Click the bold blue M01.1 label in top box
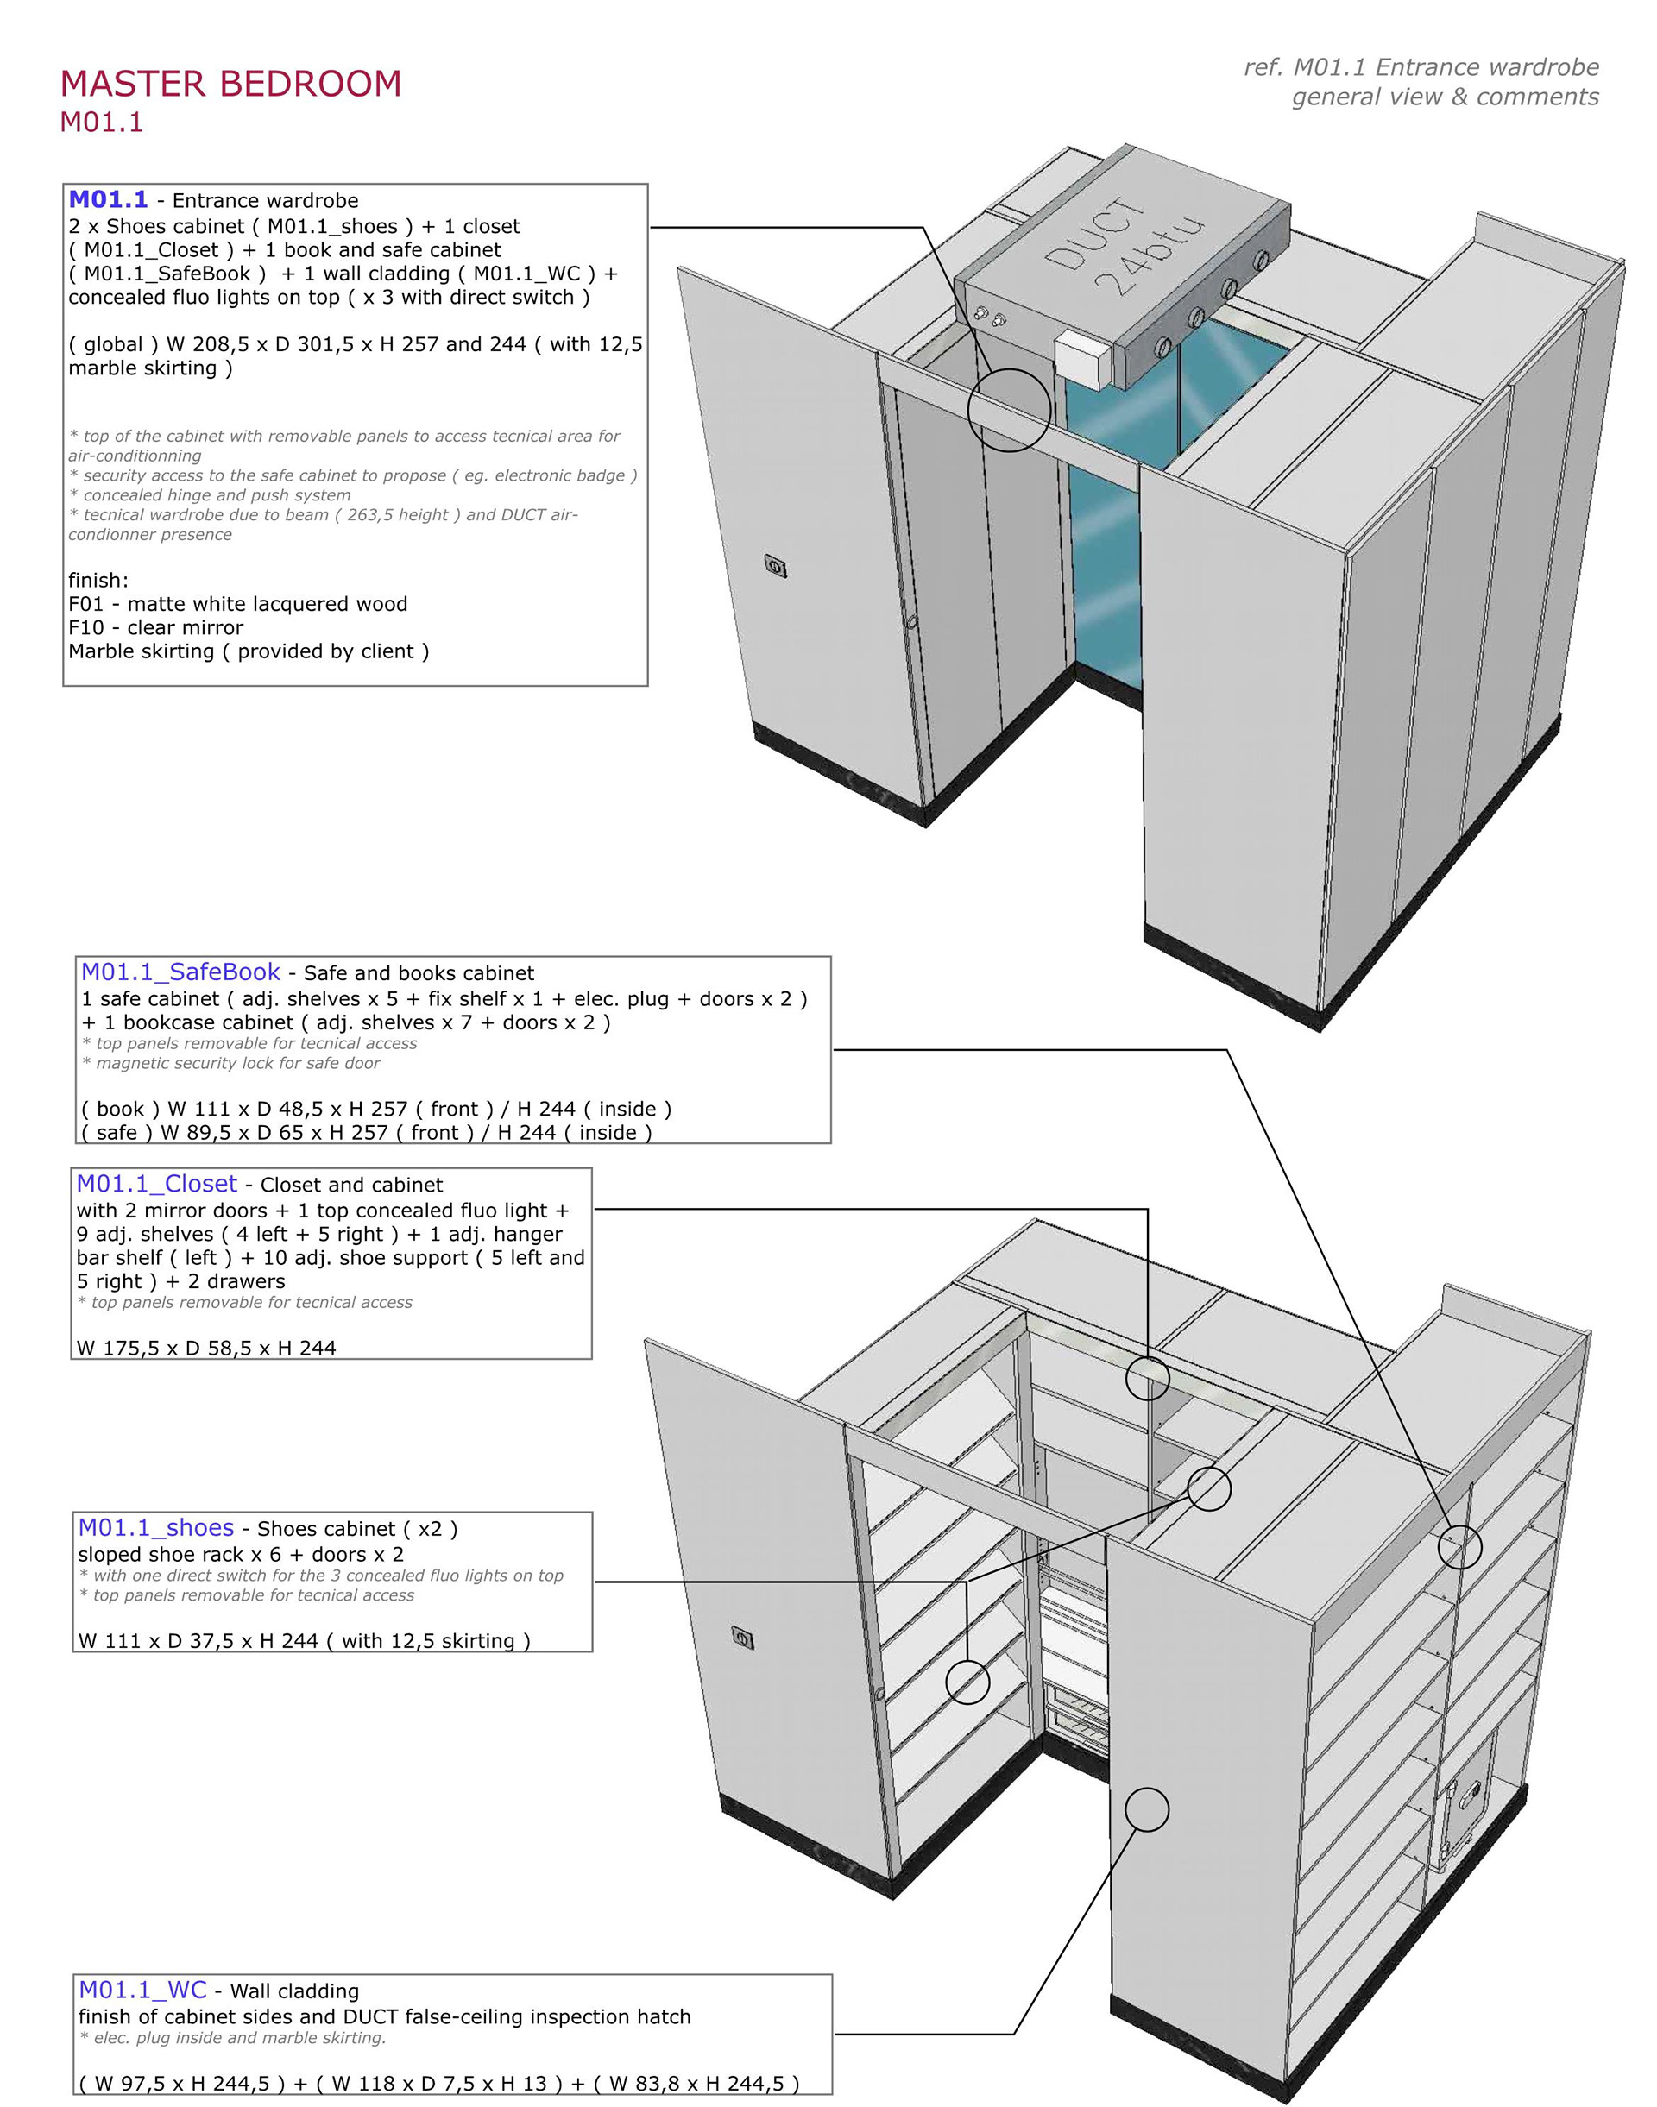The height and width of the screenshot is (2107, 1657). (x=108, y=200)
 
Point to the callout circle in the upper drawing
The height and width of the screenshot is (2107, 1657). (x=1009, y=409)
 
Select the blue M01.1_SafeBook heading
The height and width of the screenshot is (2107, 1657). (x=180, y=972)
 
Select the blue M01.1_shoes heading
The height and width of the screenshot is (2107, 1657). (x=156, y=1528)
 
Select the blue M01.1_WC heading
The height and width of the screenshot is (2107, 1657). (x=142, y=1983)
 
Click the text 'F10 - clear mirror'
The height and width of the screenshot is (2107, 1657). (x=155, y=627)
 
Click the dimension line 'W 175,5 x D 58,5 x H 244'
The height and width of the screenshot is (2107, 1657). (x=205, y=1348)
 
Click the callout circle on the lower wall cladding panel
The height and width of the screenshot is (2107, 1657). (x=1147, y=1809)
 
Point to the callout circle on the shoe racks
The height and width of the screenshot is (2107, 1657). (x=967, y=1682)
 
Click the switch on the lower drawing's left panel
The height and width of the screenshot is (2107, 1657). (x=743, y=1639)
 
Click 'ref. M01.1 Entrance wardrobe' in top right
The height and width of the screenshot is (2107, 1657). (x=1421, y=67)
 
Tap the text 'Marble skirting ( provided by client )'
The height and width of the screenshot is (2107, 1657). (x=249, y=651)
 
